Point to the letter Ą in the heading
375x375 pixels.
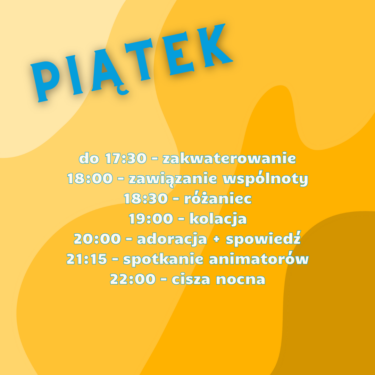pos(109,72)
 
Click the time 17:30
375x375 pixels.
pos(126,158)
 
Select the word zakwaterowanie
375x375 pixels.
pos(229,158)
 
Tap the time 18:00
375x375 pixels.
pos(90,178)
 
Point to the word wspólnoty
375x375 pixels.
pos(265,178)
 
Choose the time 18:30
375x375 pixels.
pos(145,199)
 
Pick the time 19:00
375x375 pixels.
pos(151,219)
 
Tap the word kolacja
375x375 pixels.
pos(218,219)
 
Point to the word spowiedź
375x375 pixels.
pos(263,239)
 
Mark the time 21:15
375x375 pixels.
pos(86,259)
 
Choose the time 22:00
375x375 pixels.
pos(133,279)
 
